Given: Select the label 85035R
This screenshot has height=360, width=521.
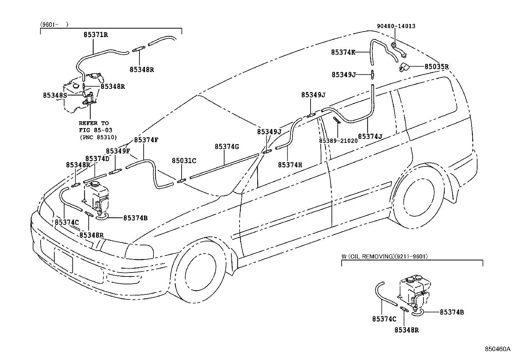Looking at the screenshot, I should coord(437,66).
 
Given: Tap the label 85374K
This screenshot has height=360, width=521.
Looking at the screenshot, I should coord(343,52).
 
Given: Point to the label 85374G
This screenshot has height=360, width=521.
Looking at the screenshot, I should coord(227,147).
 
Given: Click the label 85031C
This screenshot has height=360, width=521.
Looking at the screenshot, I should coord(184,161).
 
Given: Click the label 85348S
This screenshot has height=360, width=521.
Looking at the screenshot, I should coord(55,95).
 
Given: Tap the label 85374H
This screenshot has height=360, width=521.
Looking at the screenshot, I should coord(290,165).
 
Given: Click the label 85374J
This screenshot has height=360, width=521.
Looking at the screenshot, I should coord(370,136).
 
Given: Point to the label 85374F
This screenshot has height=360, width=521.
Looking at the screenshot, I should coord(146,140).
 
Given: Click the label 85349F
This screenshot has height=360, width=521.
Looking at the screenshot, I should coord(118,151).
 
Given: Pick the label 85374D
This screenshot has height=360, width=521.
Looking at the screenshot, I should coord(97,159).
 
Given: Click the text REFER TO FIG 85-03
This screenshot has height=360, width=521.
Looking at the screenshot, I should coord(94,127).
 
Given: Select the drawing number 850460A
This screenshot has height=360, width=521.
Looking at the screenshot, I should coord(497,349).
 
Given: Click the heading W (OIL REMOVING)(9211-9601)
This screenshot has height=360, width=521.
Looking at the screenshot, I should coord(385,256).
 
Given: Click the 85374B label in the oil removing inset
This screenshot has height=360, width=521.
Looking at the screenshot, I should coord(452,312).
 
